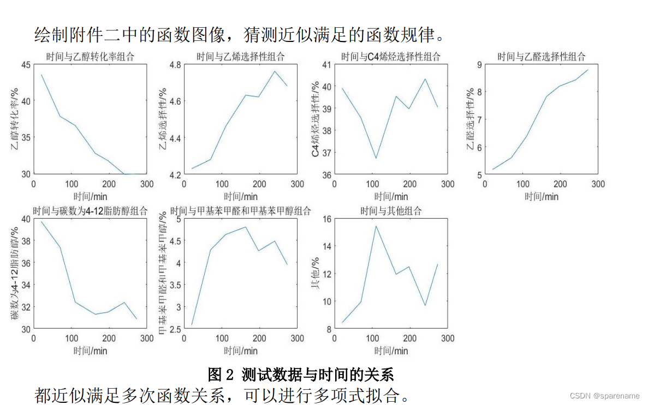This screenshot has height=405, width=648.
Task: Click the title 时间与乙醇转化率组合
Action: (91, 57)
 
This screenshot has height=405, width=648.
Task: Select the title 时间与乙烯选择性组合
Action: (241, 57)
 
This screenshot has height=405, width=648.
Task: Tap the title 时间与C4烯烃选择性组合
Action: (390, 57)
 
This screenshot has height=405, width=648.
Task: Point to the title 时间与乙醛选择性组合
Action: (541, 57)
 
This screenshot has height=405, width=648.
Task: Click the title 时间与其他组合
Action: (391, 211)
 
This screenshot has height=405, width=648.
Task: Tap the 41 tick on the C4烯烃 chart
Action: (326, 64)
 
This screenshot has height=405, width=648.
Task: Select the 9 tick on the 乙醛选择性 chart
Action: (479, 64)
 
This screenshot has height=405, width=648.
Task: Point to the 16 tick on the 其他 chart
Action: (326, 219)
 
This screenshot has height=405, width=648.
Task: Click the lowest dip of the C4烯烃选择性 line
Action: (376, 158)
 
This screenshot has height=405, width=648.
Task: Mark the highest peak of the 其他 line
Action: (376, 226)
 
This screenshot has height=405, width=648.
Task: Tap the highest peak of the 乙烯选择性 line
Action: (275, 71)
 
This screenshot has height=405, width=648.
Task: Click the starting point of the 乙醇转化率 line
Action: (41, 75)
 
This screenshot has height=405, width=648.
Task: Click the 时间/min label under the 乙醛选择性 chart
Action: (541, 196)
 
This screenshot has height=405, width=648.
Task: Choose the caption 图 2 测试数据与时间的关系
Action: (301, 374)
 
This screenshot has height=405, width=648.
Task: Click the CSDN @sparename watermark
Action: (605, 395)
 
